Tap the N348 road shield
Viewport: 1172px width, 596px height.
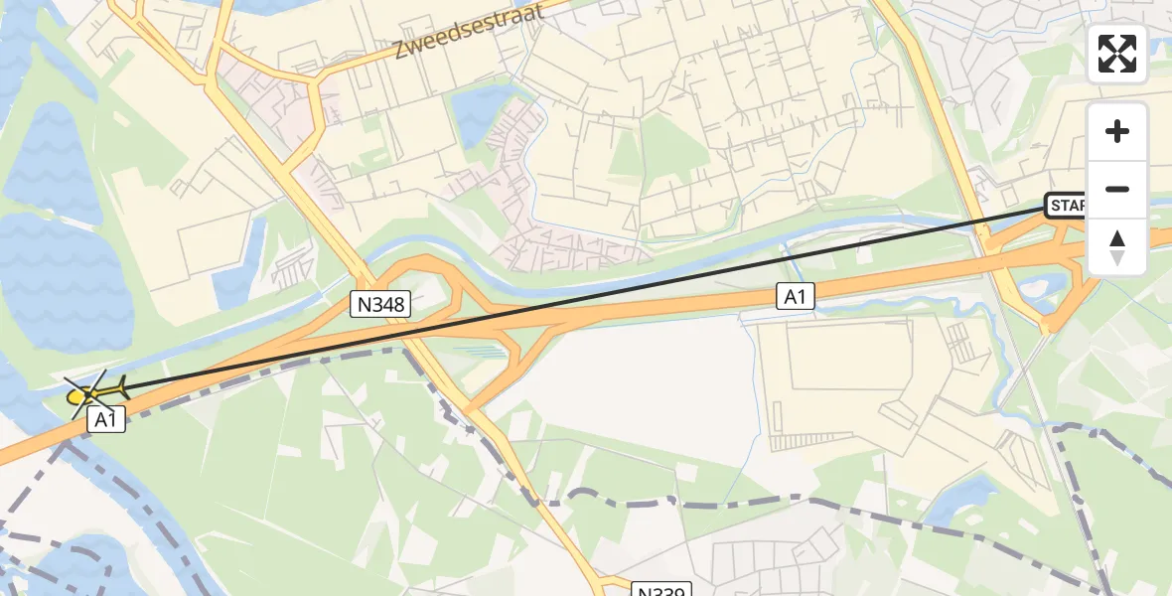(380, 305)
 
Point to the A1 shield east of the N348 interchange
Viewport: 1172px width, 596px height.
(796, 296)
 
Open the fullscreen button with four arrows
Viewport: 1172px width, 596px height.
(1117, 54)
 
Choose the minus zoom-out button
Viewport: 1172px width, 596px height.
(1117, 189)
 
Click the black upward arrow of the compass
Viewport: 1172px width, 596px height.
(1117, 238)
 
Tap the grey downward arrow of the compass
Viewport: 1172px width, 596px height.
(1117, 258)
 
